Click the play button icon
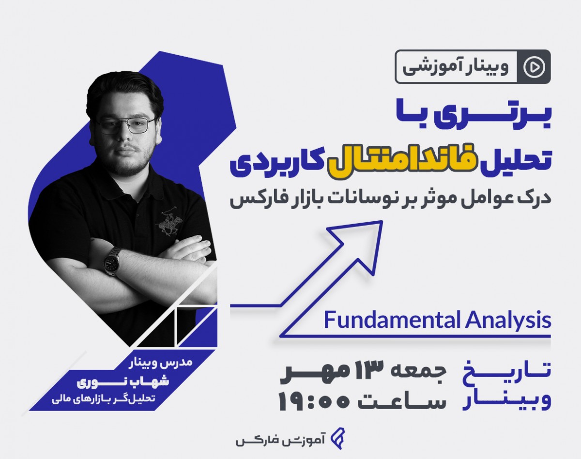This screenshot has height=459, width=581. (x=534, y=67)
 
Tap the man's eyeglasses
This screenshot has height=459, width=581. (x=125, y=125)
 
